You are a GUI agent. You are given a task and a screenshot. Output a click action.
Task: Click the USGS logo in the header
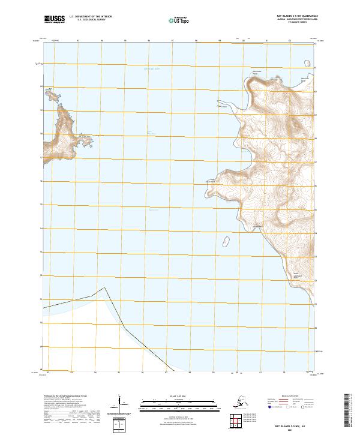55,20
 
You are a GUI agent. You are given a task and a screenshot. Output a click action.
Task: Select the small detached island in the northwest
52,95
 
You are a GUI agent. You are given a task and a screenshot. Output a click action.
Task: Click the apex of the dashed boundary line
106,287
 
